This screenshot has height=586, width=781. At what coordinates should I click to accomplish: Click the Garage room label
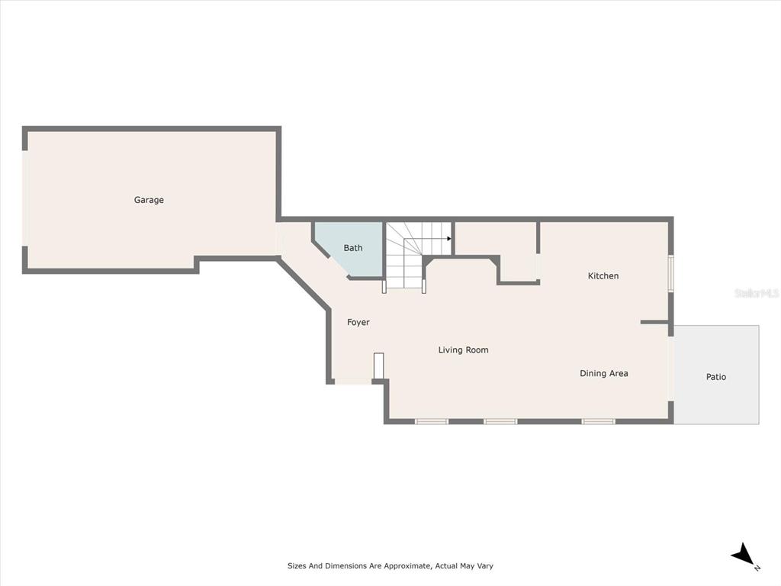149,200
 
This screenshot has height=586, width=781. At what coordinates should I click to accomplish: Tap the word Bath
353,248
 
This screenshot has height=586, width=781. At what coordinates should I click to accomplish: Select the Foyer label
358,323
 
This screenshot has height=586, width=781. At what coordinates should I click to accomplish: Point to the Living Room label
463,349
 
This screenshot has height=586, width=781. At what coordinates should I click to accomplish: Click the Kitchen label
603,275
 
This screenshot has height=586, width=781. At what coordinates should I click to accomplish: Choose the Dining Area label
604,373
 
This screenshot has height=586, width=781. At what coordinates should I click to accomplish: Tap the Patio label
716,377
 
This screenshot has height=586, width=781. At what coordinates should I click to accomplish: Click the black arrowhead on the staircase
448,239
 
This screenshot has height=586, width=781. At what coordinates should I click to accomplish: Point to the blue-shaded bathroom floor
350,248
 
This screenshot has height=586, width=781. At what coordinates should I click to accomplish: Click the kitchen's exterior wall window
671,272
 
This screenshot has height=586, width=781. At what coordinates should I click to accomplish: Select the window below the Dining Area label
598,421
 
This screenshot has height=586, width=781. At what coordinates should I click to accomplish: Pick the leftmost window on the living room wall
432,421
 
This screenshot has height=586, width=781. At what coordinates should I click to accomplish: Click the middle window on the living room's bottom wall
500,421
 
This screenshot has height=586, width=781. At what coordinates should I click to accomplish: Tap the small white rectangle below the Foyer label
378,366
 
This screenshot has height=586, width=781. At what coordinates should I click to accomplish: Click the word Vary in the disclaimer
485,566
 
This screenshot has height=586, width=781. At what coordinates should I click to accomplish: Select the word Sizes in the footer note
297,566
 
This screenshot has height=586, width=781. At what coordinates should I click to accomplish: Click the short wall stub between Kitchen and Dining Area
654,323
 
